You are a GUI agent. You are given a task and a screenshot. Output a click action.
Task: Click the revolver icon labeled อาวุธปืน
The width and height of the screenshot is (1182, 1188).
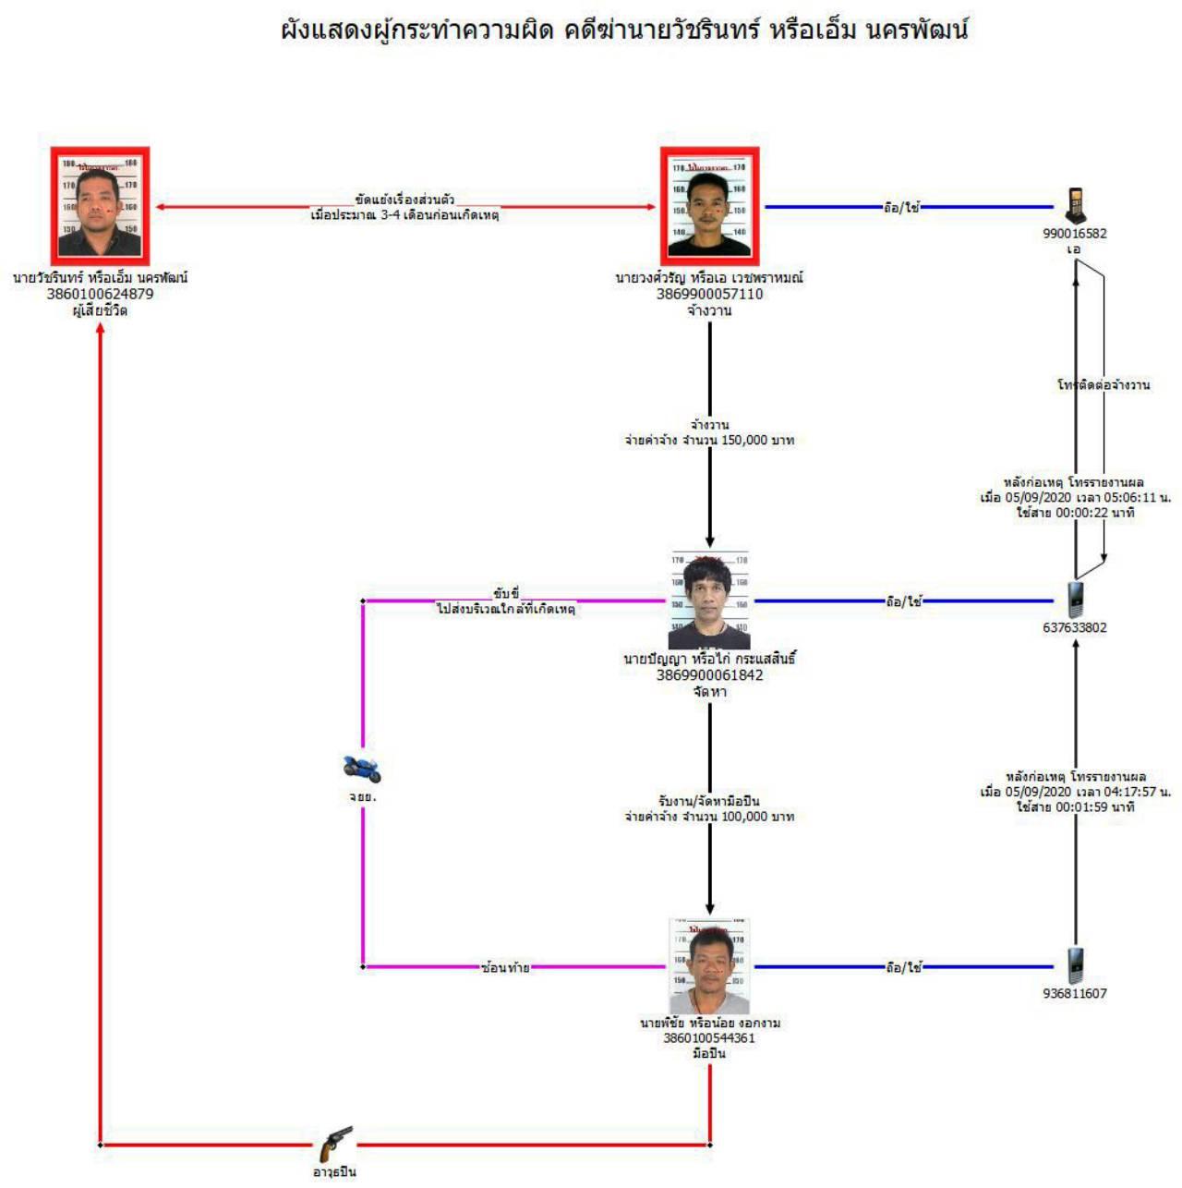coord(335,1145)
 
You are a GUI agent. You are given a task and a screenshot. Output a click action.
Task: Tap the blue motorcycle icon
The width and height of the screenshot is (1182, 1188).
coord(361,768)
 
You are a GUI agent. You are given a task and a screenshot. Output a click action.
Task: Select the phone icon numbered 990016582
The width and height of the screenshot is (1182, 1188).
coord(1075,205)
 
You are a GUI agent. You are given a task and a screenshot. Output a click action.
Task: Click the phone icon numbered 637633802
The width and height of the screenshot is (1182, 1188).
coord(1075,600)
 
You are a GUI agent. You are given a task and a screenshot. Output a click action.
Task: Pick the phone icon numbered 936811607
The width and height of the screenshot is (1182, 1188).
coord(1075,966)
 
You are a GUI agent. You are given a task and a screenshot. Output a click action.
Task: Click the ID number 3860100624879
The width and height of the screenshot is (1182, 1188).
coord(100,294)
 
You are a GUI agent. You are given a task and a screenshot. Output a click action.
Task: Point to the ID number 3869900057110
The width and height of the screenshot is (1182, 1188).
coord(709,294)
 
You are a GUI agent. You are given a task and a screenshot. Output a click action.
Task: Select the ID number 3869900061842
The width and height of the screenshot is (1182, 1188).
coord(709,675)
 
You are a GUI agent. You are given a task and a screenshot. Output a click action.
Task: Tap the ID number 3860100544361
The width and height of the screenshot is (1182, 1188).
coord(709,1038)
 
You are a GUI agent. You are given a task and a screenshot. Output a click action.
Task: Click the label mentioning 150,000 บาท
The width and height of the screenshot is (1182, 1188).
coord(709,441)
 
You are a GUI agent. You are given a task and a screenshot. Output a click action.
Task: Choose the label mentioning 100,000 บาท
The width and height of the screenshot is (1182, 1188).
coord(709,817)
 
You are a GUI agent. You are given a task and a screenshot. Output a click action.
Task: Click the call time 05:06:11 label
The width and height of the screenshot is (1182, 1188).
coord(1075,497)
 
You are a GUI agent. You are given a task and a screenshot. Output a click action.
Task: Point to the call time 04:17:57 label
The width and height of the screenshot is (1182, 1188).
coord(1075,792)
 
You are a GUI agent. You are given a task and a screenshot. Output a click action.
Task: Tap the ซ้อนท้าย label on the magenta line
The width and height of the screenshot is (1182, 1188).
coord(505,967)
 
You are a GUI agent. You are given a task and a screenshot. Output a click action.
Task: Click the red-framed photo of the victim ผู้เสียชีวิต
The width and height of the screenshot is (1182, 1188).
coord(100,206)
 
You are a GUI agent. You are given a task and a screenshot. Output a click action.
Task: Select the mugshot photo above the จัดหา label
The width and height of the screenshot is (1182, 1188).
coord(709,600)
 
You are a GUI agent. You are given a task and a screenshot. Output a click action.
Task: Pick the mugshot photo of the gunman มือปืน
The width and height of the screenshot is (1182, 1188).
coord(709,966)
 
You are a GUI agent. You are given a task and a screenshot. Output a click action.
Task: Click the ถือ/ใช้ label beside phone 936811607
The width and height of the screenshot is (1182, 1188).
coord(903,967)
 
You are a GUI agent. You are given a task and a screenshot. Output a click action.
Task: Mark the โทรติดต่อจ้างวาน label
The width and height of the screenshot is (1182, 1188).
coord(1104,384)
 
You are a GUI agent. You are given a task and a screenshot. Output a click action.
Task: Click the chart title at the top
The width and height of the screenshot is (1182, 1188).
coord(624,30)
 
